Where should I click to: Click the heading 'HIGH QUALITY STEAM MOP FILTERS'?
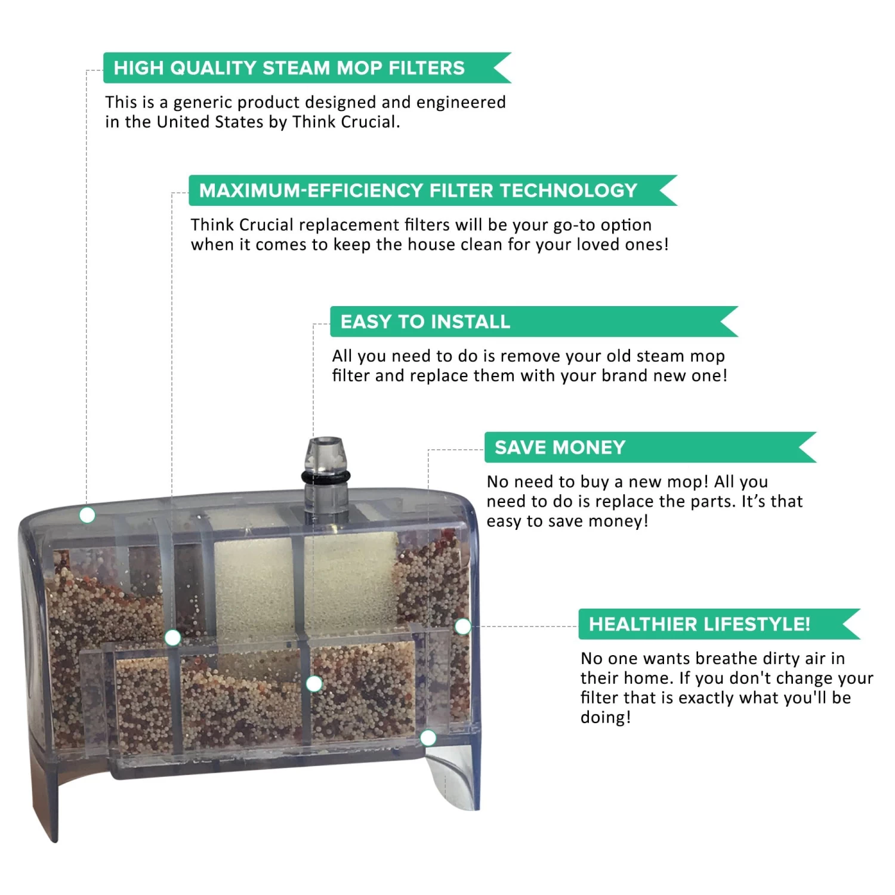(289, 68)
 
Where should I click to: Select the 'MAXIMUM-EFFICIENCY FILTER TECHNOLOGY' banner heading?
(418, 190)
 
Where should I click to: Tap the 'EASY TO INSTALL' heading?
(425, 322)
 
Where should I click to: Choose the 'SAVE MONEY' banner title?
(560, 447)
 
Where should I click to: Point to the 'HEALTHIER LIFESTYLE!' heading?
(699, 624)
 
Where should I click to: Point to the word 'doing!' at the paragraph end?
(606, 718)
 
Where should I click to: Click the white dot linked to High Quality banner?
(87, 515)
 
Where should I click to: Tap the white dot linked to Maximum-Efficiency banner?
(172, 638)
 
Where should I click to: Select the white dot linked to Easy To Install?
(314, 684)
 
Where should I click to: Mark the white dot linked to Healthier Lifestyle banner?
(463, 626)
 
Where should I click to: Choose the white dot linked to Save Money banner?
(428, 738)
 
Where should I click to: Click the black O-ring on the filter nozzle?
(325, 478)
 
